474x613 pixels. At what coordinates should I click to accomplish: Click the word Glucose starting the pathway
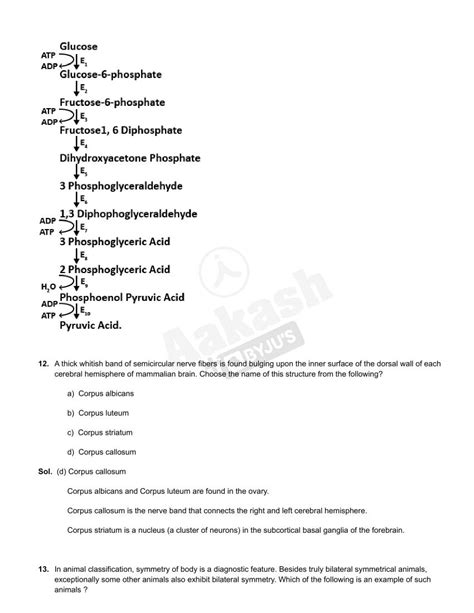78,46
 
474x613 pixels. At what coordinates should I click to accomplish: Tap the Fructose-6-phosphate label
112,102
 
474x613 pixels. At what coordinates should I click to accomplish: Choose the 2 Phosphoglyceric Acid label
114,269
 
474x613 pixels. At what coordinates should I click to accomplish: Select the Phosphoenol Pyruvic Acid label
122,297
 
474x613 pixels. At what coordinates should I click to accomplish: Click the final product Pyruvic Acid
90,325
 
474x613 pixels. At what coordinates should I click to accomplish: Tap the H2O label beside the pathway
48,287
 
